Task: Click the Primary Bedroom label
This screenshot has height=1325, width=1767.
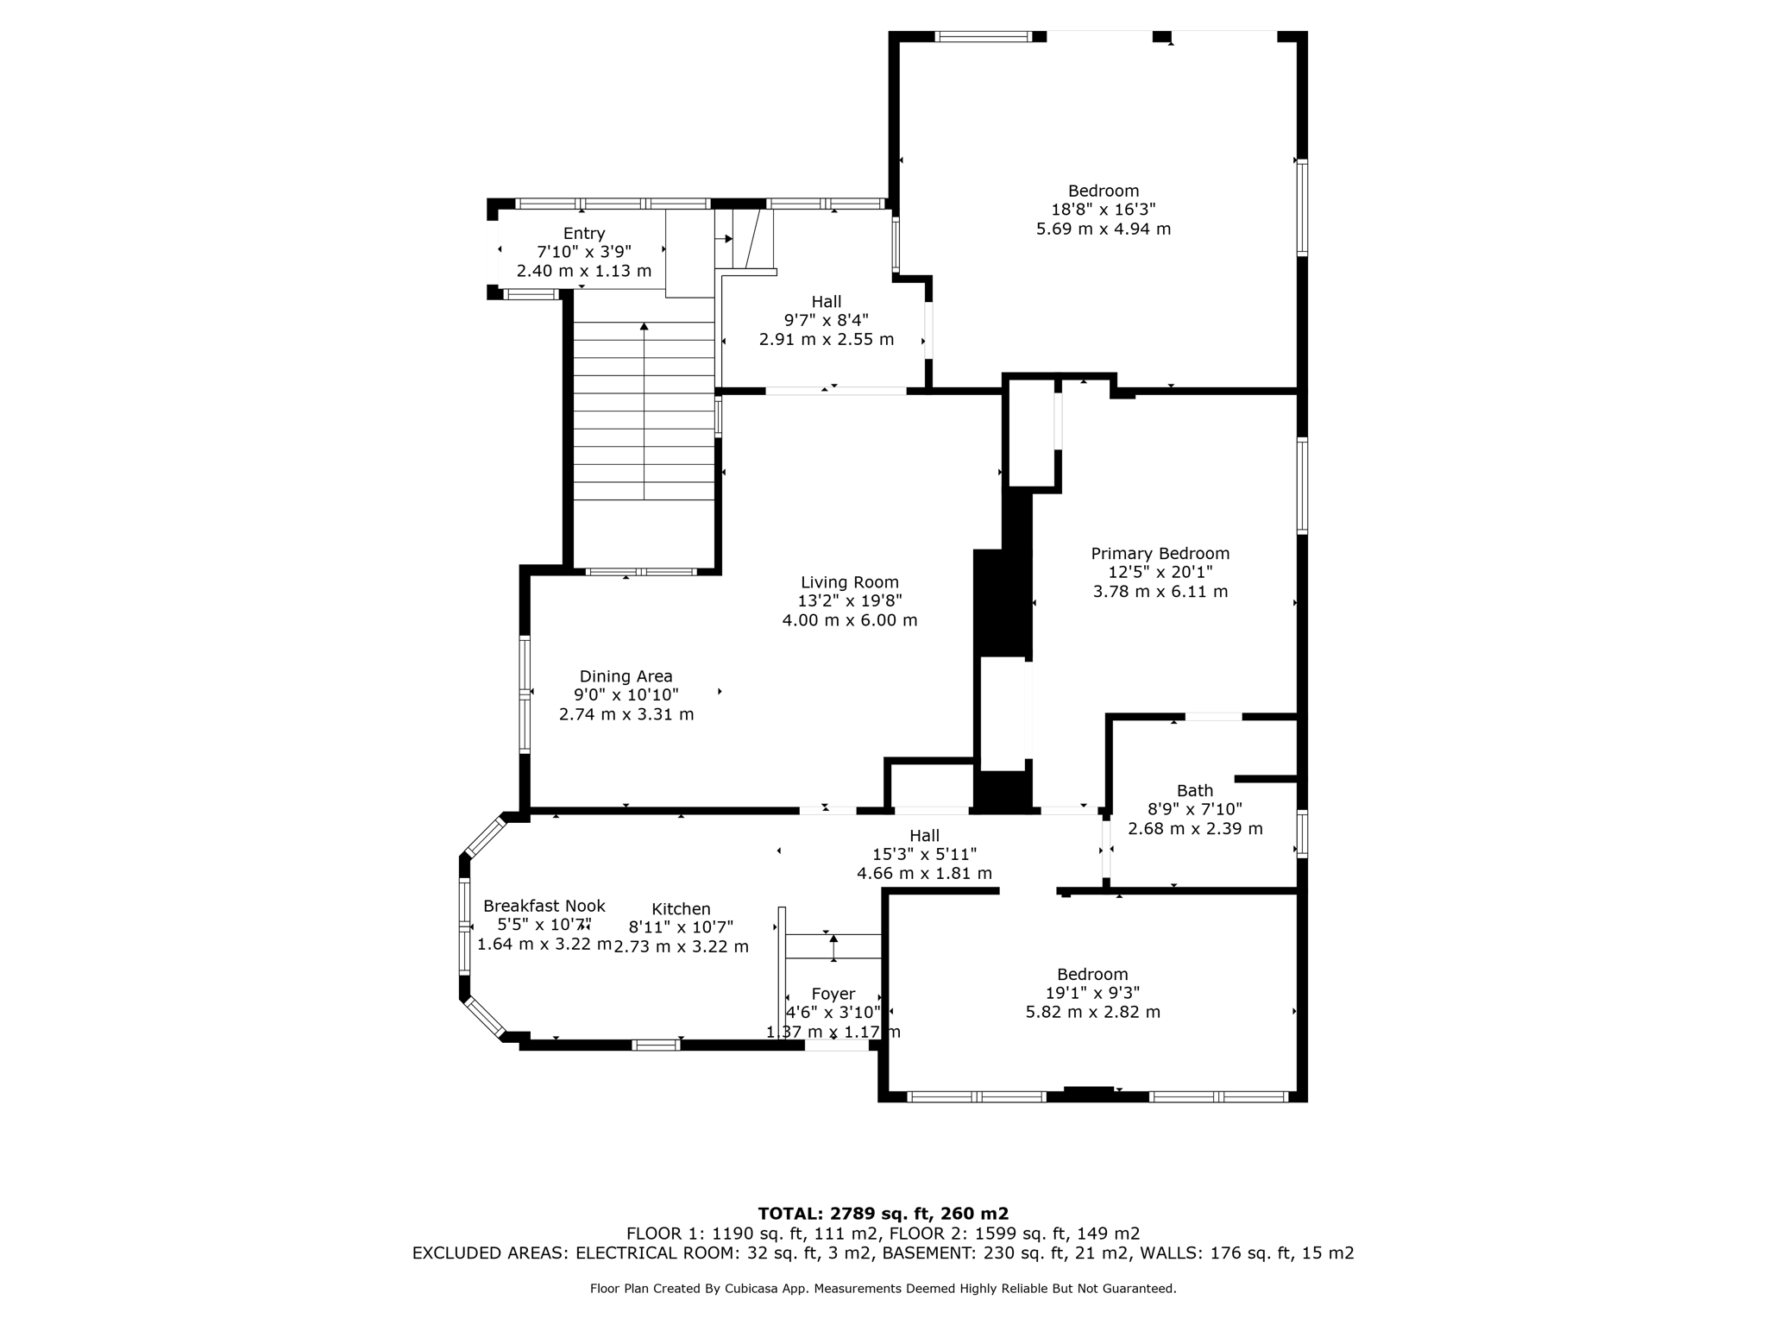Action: (1160, 554)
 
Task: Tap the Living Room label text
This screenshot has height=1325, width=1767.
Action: (849, 582)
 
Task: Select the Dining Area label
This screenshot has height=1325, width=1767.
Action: (626, 676)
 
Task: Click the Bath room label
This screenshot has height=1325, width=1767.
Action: (1194, 790)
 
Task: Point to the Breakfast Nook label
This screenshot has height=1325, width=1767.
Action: (544, 906)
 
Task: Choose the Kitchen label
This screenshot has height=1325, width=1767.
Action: (681, 908)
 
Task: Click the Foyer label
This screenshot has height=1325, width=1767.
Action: (833, 994)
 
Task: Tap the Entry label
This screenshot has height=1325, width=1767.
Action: (584, 233)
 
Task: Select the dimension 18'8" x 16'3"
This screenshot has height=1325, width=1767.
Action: (1103, 210)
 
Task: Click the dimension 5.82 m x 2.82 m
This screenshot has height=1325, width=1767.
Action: (1092, 1012)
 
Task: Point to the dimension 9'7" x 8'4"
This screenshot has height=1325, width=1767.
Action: (826, 320)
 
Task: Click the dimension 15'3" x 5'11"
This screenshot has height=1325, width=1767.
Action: (923, 854)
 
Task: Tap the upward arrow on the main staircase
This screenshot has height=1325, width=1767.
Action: (644, 327)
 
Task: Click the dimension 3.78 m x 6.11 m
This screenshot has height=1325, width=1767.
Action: (1160, 592)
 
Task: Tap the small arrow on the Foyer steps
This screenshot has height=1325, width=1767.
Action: (833, 939)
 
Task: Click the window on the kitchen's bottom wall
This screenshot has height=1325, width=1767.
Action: (656, 1046)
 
